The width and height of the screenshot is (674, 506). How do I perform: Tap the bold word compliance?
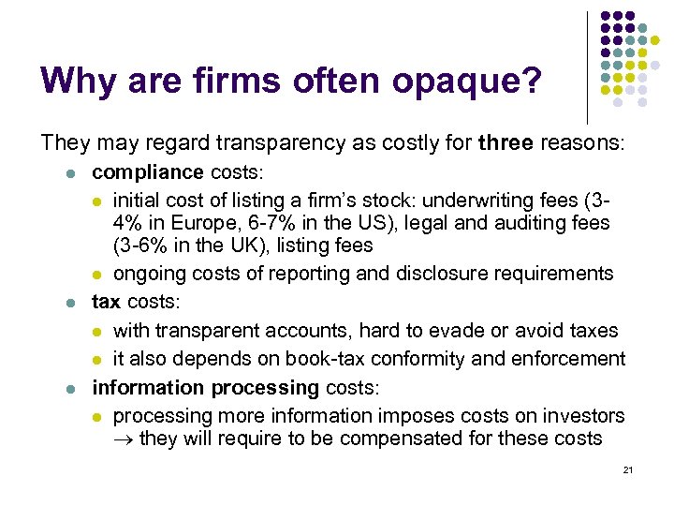[147, 172]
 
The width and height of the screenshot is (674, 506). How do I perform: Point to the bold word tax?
[106, 303]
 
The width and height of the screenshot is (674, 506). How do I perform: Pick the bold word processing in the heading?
[266, 387]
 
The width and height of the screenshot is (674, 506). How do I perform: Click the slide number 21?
[627, 469]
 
